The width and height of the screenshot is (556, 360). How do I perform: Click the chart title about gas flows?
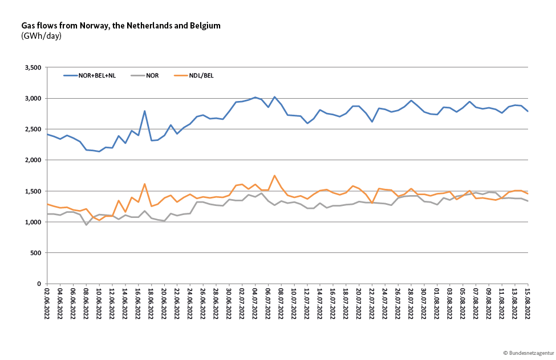click(120, 26)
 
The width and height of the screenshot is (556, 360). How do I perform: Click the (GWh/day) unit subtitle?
click(41, 36)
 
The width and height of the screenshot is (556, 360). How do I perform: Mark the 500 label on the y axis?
click(36, 253)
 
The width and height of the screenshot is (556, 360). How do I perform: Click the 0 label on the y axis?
click(39, 284)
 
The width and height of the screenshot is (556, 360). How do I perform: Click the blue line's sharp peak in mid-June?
click(145, 111)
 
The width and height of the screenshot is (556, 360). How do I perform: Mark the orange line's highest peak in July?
click(274, 176)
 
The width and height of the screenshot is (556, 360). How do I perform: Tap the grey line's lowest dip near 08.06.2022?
click(87, 225)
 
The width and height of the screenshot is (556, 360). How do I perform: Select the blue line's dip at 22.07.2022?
click(372, 122)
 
